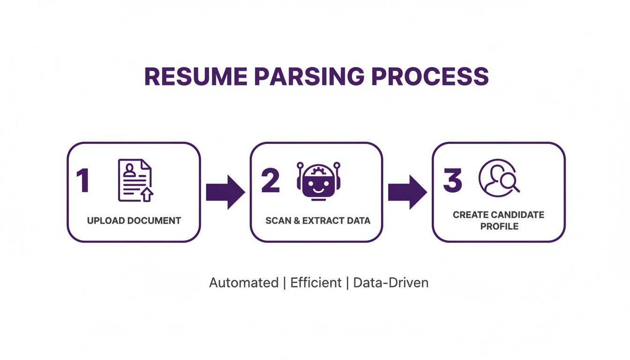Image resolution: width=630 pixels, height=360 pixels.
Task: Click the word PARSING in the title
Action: pos(308,76)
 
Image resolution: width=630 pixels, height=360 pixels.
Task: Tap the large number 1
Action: pos(82,181)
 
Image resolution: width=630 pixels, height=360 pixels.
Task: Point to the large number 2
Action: pos(270,181)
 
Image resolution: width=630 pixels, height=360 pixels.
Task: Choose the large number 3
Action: pos(452,181)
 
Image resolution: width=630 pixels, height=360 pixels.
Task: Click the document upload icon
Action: pos(135,180)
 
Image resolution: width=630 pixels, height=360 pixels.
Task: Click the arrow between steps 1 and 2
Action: pos(225,192)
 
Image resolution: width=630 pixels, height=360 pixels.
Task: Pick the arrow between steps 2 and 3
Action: pos(407,192)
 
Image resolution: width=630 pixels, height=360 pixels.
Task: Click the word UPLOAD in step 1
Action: pos(104,220)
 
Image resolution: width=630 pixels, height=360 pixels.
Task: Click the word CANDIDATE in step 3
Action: pos(518,215)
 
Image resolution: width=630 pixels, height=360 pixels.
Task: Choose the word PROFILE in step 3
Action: pos(498,226)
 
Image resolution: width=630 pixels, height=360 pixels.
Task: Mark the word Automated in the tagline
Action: pos(243,283)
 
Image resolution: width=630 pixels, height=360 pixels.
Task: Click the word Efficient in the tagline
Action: pos(315,283)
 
